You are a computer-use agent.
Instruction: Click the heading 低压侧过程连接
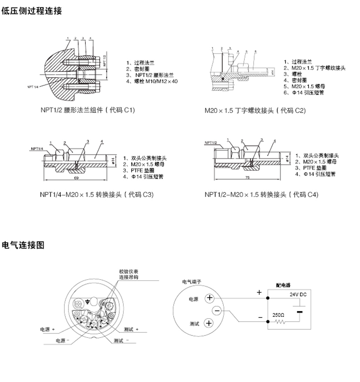point(32,11)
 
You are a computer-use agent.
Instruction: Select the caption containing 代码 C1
point(87,110)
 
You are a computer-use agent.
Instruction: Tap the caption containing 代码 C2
point(255,110)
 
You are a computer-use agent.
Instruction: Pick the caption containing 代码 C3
point(97,194)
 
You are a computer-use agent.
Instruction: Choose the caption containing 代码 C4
point(261,194)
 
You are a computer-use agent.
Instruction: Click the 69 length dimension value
point(76,178)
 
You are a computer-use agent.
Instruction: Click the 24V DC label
point(298,295)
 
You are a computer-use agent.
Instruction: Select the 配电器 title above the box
point(283,285)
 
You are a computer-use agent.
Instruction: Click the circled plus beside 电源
point(209,298)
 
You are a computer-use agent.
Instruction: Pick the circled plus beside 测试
point(208,323)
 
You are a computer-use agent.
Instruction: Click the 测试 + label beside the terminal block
point(131,329)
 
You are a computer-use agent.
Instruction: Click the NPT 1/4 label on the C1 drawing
point(32,86)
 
